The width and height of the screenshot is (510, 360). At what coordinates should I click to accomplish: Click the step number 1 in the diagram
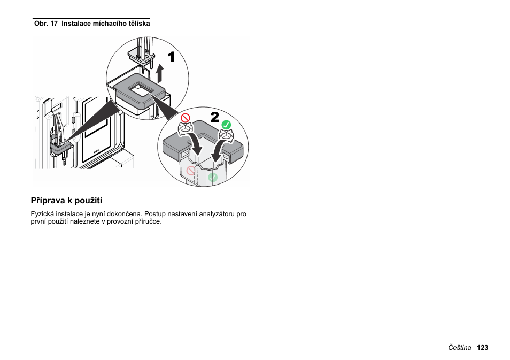171,57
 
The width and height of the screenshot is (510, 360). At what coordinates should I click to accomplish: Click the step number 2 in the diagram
214,117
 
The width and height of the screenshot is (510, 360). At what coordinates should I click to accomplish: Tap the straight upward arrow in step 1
159,73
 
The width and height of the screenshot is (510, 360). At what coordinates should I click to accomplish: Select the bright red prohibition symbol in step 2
185,117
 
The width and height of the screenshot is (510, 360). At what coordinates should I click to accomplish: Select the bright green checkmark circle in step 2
226,125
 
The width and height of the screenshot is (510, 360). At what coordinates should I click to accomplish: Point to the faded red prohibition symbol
191,171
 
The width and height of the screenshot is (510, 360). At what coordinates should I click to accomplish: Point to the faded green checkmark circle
213,177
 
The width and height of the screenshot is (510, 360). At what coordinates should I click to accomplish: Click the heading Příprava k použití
66,201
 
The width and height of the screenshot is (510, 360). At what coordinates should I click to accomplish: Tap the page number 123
483,348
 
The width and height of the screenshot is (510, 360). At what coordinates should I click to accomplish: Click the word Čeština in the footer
460,348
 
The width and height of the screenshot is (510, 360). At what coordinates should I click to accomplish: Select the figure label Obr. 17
46,24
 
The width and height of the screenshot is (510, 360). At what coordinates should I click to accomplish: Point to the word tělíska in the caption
138,24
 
